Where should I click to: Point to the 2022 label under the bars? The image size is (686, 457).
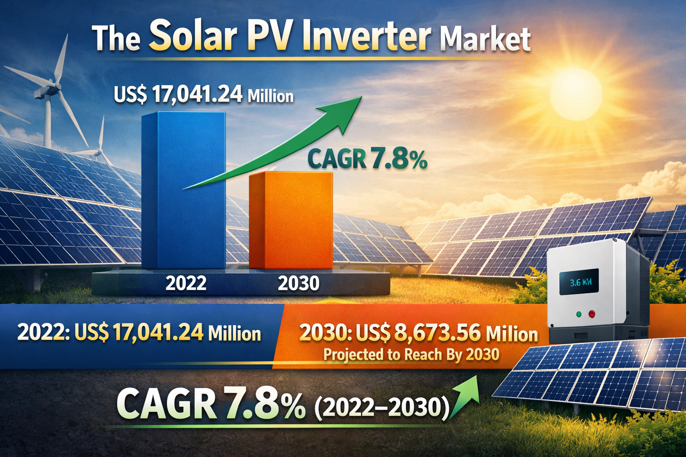click(186, 283)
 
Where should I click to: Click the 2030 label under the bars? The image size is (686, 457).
click(298, 283)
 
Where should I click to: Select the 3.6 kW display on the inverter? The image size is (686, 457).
click(579, 283)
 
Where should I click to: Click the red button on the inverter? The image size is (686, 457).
click(592, 314)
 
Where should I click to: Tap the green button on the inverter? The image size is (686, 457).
click(579, 314)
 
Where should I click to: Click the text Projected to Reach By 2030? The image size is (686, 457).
click(411, 354)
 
